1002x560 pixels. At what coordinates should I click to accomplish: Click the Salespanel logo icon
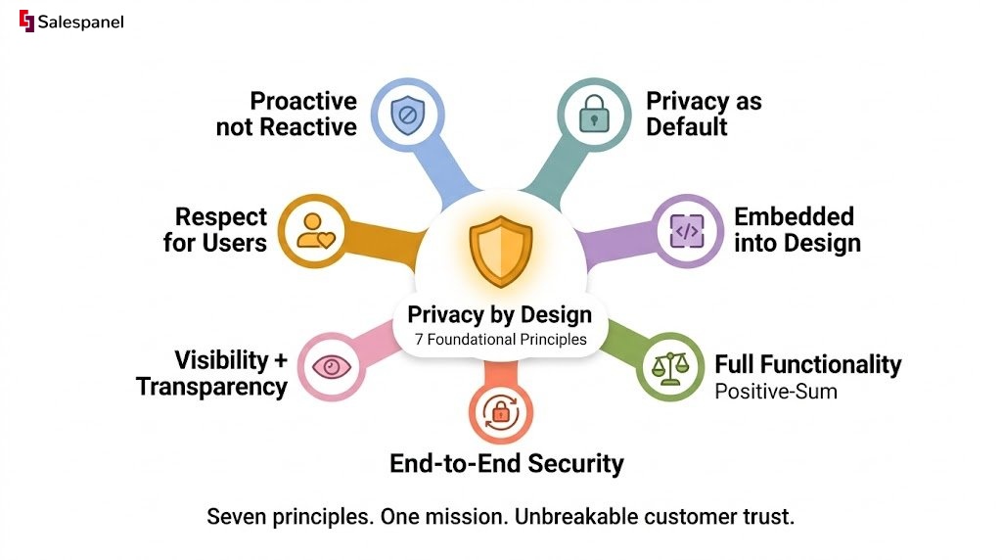(x=26, y=22)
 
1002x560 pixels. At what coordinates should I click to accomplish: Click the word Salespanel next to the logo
(x=80, y=23)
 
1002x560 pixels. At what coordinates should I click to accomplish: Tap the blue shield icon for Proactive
(x=408, y=116)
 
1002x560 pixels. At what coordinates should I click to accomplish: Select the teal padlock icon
(x=594, y=115)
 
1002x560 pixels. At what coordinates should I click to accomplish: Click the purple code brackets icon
(x=687, y=231)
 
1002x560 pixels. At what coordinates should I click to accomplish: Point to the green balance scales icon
(x=669, y=367)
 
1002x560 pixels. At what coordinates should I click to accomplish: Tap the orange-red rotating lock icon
(x=500, y=411)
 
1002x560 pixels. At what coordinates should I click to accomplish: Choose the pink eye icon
(x=331, y=367)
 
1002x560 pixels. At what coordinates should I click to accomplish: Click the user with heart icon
(x=315, y=231)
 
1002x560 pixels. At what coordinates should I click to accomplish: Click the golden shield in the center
(x=501, y=251)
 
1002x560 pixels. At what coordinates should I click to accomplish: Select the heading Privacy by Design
(x=500, y=314)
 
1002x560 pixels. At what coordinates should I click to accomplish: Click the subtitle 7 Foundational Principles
(x=500, y=340)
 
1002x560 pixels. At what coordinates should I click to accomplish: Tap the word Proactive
(x=303, y=101)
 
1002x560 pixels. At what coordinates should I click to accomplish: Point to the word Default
(x=686, y=126)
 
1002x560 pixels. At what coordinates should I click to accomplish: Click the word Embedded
(x=794, y=216)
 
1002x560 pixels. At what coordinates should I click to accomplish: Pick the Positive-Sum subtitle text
(x=776, y=392)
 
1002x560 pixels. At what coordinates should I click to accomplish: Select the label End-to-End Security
(x=507, y=463)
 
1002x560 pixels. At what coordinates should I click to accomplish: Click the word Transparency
(x=211, y=387)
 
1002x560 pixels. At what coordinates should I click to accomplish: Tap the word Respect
(x=221, y=217)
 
